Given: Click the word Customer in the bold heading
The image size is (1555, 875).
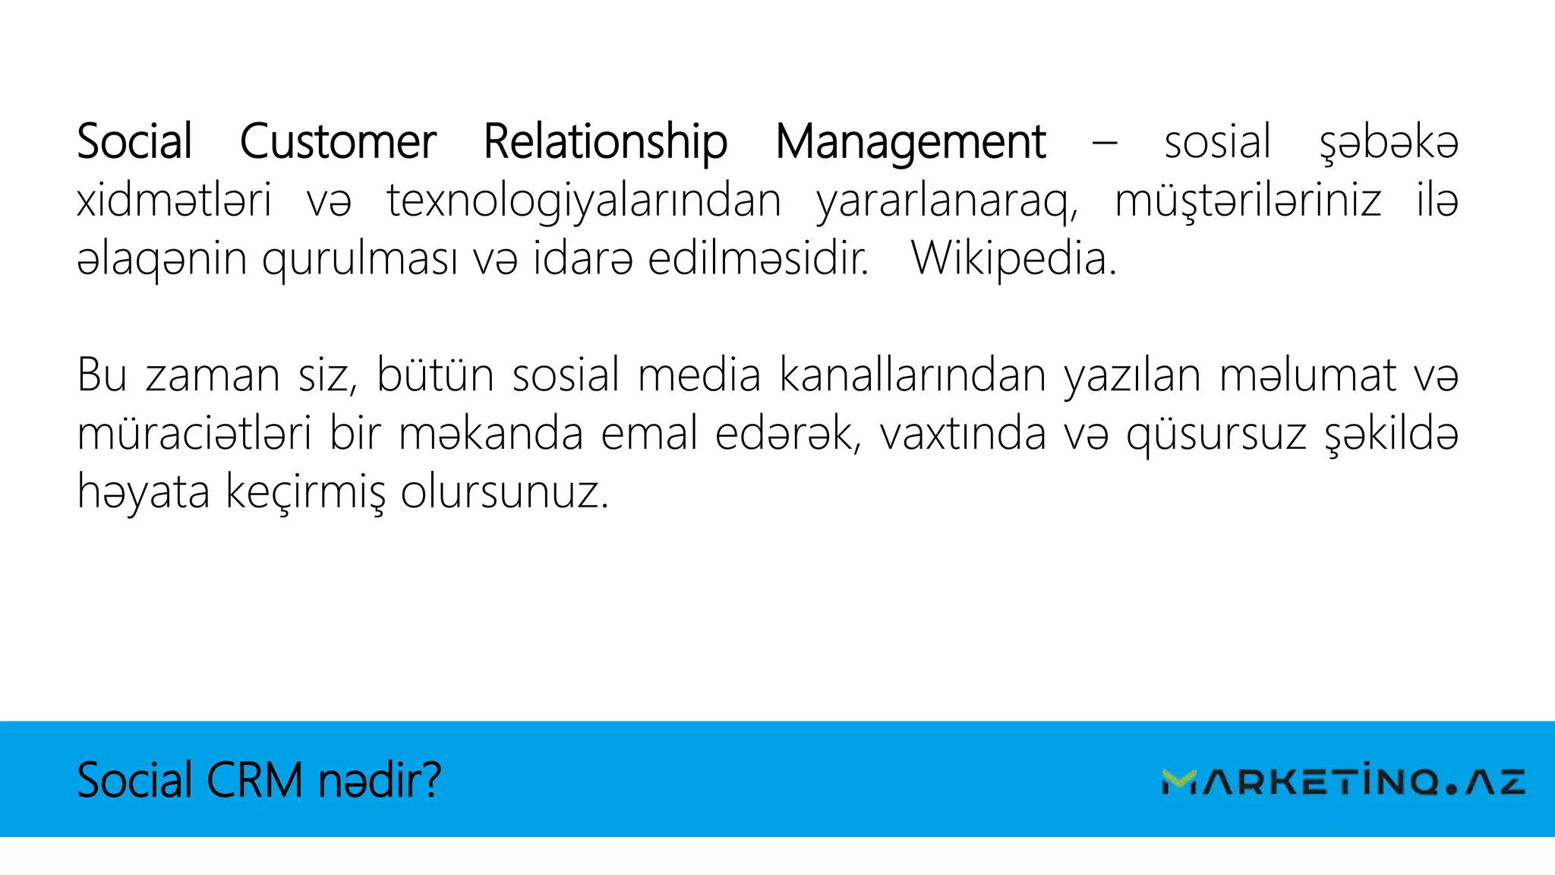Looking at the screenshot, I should click(338, 142).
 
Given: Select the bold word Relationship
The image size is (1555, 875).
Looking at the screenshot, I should click(605, 142).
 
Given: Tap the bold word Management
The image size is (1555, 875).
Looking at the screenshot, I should click(910, 142).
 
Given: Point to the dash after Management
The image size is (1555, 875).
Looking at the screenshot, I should click(1105, 142).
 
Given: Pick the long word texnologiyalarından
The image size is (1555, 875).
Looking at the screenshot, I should click(584, 201).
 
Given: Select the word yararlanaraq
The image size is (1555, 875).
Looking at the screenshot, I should click(946, 201).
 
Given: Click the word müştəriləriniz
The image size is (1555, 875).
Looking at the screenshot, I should click(1247, 201).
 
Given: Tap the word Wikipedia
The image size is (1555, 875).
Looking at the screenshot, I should click(1014, 259).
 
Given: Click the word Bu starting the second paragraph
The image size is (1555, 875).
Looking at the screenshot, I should click(103, 374).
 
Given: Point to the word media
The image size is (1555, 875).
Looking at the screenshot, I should click(699, 374).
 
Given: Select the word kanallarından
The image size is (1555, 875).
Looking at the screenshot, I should click(913, 374).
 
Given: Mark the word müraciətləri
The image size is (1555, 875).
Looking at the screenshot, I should click(194, 434).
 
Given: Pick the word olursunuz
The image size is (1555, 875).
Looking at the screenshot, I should click(505, 493).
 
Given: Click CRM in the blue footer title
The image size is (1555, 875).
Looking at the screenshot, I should click(254, 780).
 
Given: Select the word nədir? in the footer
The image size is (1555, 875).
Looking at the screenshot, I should click(380, 780).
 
